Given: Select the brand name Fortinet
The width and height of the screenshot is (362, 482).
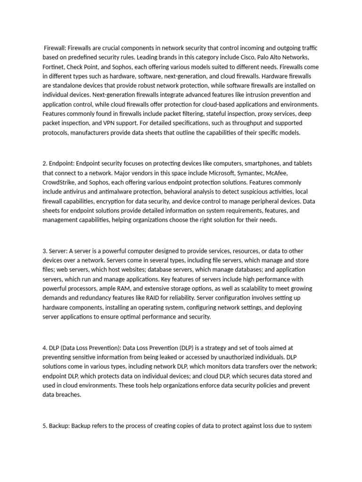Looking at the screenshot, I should [54, 66].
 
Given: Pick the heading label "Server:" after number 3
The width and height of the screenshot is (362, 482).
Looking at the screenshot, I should [58, 250].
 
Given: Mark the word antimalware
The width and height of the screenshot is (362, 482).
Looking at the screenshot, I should [116, 192].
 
